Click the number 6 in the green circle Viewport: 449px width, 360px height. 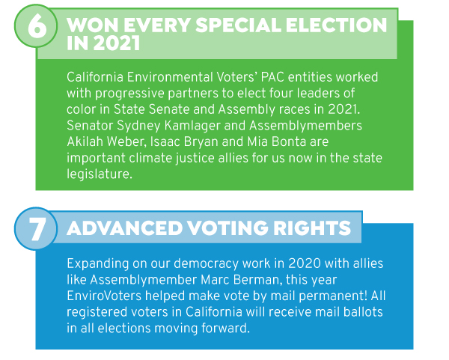[x=37, y=27]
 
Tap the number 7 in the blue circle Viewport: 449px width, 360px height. [x=37, y=229]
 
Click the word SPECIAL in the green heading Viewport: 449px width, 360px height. [x=238, y=25]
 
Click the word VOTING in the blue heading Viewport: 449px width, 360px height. [x=228, y=228]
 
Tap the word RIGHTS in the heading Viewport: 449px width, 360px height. [x=312, y=228]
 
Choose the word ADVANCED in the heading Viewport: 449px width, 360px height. [x=125, y=228]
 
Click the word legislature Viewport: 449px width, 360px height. [x=100, y=174]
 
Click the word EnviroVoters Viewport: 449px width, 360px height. [x=104, y=296]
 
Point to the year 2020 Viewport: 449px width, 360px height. [x=305, y=263]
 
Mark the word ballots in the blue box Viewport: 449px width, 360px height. [x=363, y=312]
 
